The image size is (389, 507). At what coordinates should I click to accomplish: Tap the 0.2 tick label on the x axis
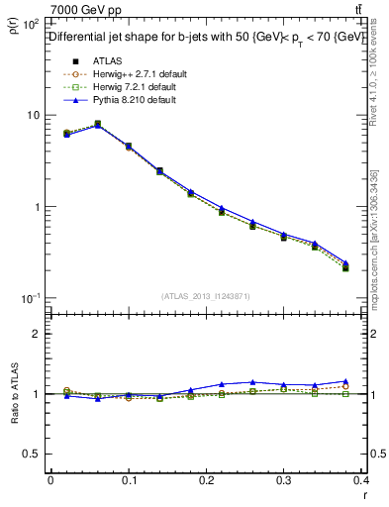[206, 479]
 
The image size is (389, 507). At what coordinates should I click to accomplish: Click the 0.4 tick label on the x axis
[360, 479]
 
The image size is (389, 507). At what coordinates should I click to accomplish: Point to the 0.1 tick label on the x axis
[128, 479]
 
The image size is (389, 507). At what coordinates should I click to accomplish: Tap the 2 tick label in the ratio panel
[37, 334]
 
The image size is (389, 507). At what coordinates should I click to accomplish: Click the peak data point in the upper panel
[97, 124]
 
